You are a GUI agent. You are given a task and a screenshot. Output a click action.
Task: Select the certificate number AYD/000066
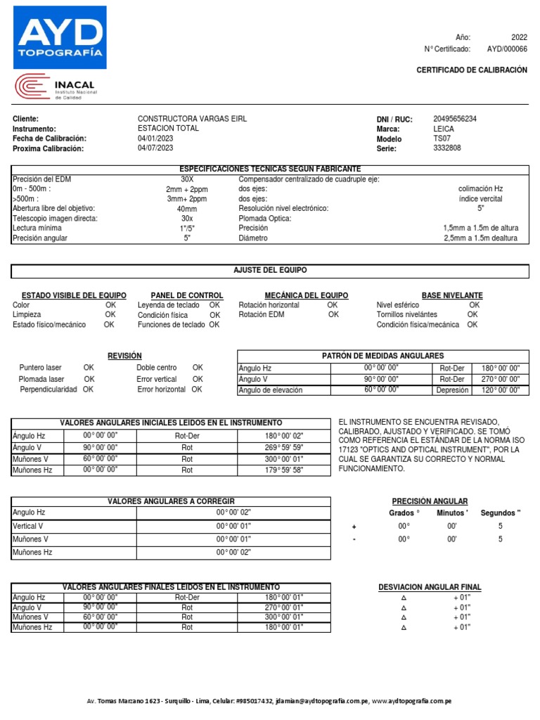[506, 49]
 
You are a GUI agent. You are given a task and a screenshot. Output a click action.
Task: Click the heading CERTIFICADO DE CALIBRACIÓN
[471, 70]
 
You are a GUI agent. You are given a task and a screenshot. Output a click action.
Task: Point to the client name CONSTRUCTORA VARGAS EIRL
[192, 119]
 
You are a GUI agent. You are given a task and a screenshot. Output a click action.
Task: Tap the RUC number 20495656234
[455, 119]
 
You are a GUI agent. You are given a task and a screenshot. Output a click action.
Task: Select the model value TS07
[442, 139]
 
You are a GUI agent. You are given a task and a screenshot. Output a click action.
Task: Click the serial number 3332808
[447, 148]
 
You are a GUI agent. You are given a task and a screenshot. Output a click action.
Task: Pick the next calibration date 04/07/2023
[155, 148]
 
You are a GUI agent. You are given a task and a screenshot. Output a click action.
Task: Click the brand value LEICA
[444, 129]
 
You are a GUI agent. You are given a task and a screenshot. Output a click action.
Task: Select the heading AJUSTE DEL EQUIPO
[270, 271]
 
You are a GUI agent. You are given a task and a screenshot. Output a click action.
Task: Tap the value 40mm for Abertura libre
[187, 209]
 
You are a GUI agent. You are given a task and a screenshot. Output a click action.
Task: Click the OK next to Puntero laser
[89, 368]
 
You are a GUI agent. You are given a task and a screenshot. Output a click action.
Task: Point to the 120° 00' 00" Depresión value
[500, 390]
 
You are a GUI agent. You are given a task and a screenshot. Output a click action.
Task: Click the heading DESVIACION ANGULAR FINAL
[430, 587]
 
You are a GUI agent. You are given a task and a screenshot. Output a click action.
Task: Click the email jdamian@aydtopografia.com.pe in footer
[322, 701]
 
